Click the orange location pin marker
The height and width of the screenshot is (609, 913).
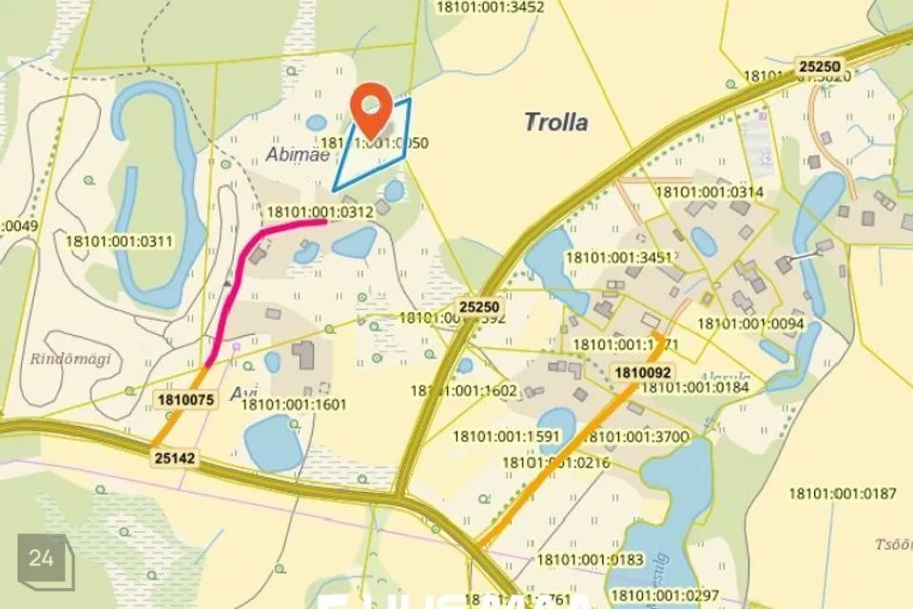[x=372, y=108]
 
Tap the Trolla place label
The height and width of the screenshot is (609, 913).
[x=556, y=122]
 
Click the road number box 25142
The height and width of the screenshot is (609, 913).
[x=176, y=459]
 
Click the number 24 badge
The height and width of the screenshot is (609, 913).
[x=42, y=559]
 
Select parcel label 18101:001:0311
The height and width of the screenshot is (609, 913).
[x=120, y=241]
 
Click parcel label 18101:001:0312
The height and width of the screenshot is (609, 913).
[x=321, y=212]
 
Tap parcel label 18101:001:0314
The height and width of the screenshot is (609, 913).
[x=709, y=192]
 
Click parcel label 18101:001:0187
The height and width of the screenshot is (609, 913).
[x=843, y=493]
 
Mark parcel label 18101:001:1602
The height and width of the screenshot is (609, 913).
[x=464, y=390]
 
